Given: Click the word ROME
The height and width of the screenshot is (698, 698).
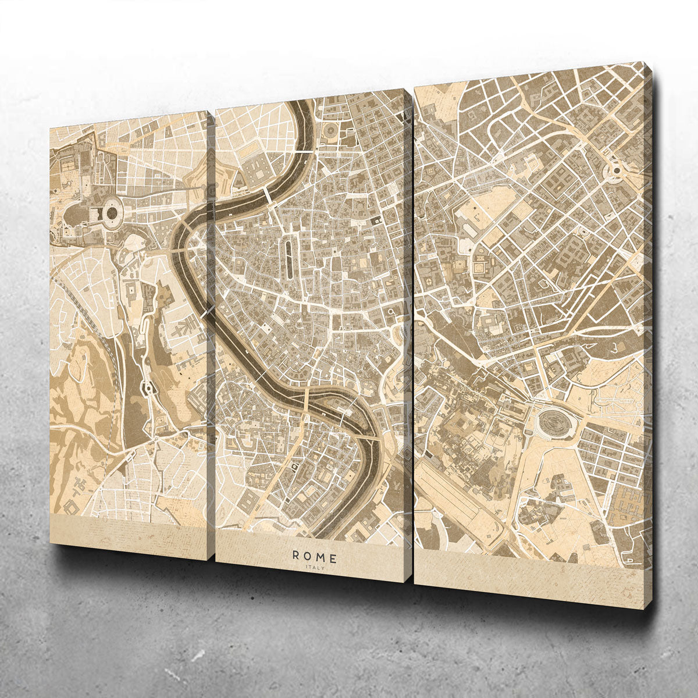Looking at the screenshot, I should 314,558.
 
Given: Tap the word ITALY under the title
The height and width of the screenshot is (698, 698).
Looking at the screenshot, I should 314,568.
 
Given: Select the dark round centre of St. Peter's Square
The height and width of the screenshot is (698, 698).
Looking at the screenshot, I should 112,213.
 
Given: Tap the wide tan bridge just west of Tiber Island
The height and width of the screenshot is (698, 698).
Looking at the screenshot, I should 307,402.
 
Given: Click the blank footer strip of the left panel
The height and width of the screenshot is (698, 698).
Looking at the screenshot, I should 128,532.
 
